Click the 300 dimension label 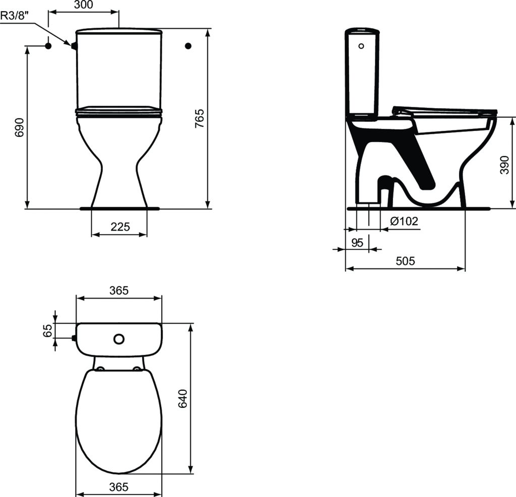click(x=84, y=5)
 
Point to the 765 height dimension click(x=200, y=118)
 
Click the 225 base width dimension click(x=120, y=227)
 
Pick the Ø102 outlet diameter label click(x=404, y=221)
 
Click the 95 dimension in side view click(x=357, y=242)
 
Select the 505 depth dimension click(x=405, y=261)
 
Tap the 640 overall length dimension click(x=183, y=399)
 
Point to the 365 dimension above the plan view click(x=119, y=291)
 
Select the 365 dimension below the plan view click(x=119, y=487)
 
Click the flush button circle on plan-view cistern click(x=119, y=339)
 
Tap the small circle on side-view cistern click(x=360, y=46)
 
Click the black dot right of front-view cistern click(x=188, y=46)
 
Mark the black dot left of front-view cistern click(x=48, y=46)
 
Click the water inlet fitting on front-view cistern click(x=74, y=46)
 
